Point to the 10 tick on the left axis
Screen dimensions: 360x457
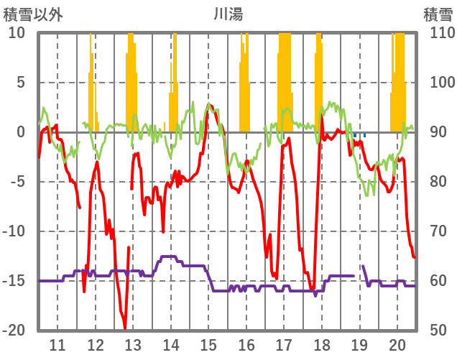(17, 33)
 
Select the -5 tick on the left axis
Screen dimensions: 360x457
(17, 182)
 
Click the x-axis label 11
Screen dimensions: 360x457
(57, 344)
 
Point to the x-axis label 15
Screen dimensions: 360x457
(208, 344)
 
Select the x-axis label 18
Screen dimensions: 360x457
(322, 344)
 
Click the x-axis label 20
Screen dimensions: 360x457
(397, 344)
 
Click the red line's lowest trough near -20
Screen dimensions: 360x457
(125, 327)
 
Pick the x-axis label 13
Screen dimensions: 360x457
(133, 344)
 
